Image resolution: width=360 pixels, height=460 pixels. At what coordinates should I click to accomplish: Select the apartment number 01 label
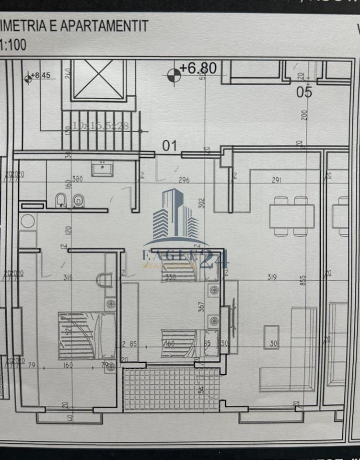pos(170,146)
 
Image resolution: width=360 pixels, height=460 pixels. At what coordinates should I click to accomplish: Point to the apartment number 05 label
pos(304,92)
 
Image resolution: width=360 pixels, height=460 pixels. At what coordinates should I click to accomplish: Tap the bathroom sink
pos(102,169)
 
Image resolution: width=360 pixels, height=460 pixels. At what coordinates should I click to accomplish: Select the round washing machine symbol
pos(28,221)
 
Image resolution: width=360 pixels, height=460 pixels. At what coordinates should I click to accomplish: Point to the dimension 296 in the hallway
pos(184,180)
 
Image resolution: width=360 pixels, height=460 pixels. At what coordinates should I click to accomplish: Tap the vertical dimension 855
pos(302,280)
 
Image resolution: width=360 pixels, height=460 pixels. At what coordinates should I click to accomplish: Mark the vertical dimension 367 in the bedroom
pos(201,307)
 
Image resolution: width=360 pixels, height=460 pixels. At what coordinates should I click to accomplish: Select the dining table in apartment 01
pos(291,217)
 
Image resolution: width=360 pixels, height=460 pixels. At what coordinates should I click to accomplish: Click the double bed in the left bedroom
pos(87,335)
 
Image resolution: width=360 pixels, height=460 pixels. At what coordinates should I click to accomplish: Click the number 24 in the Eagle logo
pos(213,259)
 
